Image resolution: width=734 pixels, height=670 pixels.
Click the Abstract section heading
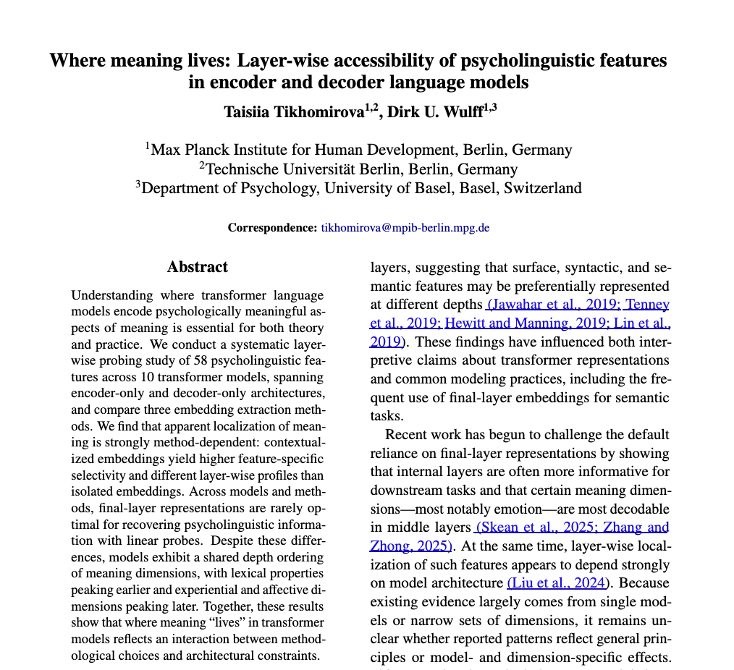point(197,267)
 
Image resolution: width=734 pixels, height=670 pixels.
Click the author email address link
point(405,227)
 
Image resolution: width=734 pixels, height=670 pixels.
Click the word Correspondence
point(272,227)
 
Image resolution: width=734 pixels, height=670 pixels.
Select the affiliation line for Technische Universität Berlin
point(359,169)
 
